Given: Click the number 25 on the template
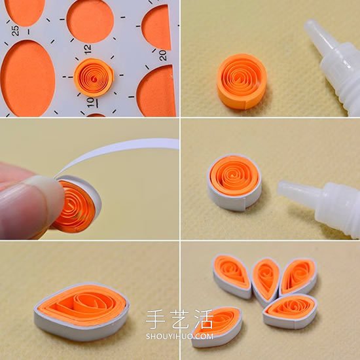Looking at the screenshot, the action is [15, 31].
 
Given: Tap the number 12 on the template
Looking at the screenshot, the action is [87, 49].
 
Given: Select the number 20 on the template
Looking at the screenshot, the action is [162, 56].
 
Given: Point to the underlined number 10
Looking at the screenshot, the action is [91, 103].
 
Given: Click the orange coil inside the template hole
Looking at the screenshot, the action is [94, 77].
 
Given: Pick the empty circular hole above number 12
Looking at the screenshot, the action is [90, 21].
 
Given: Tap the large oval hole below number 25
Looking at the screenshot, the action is [27, 78].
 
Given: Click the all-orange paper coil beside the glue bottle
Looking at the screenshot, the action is [242, 82].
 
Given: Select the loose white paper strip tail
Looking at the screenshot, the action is [119, 150].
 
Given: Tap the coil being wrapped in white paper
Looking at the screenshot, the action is [77, 204].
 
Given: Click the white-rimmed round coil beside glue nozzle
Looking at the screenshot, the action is [234, 182].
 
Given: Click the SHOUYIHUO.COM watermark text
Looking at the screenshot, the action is [179, 336].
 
